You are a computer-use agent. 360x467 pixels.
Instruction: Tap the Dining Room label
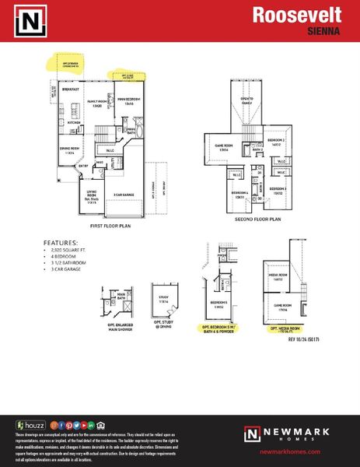[x=69, y=151]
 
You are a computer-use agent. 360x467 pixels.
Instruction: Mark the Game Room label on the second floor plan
[x=214, y=143]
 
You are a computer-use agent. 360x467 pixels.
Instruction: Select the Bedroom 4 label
[x=239, y=195]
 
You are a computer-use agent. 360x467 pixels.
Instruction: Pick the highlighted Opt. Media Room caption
[x=285, y=329]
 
